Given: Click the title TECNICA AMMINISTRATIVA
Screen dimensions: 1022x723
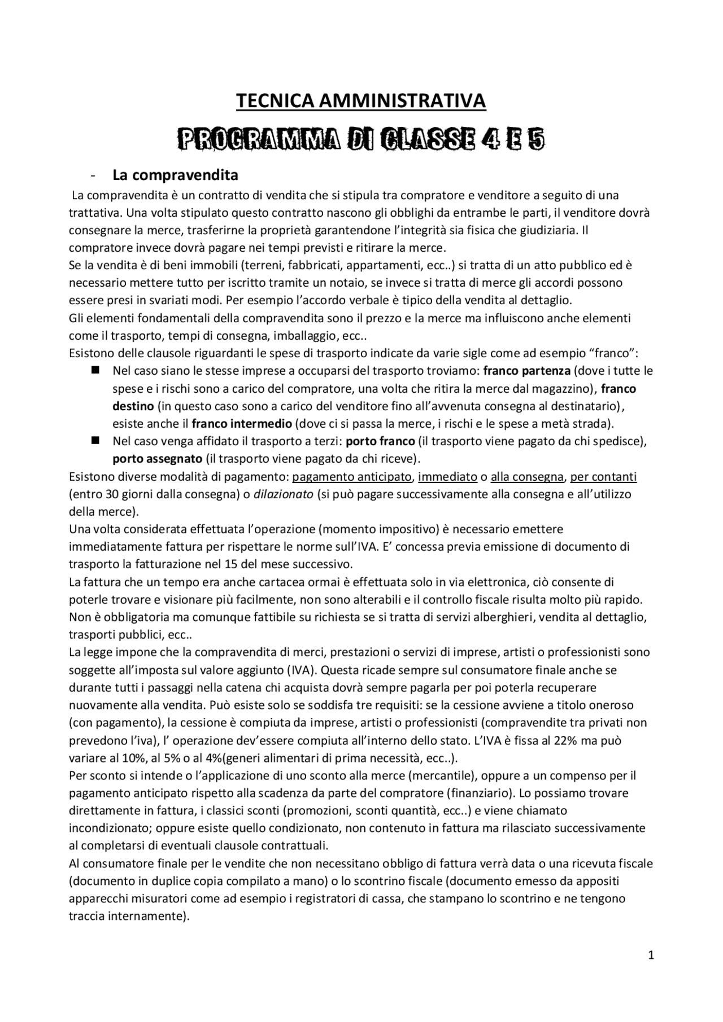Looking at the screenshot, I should pos(360,101).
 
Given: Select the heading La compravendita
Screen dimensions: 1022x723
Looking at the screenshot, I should pos(175,175).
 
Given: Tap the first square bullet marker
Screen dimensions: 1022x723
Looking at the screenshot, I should pos(95,370).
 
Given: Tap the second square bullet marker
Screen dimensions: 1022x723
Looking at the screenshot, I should pos(95,440).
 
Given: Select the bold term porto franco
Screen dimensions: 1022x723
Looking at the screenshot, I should pos(380,441).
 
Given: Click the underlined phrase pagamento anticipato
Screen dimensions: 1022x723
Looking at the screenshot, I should pos(352,477).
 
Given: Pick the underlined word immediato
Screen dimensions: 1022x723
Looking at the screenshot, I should pos(447,477).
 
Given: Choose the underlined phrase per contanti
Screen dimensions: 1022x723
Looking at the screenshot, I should pos(603,477).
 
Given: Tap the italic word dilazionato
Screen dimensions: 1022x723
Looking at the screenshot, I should pos(283,494).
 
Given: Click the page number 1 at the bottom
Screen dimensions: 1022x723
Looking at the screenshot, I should pos(651,955).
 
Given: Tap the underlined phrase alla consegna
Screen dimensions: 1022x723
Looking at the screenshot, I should pos(527,477).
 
